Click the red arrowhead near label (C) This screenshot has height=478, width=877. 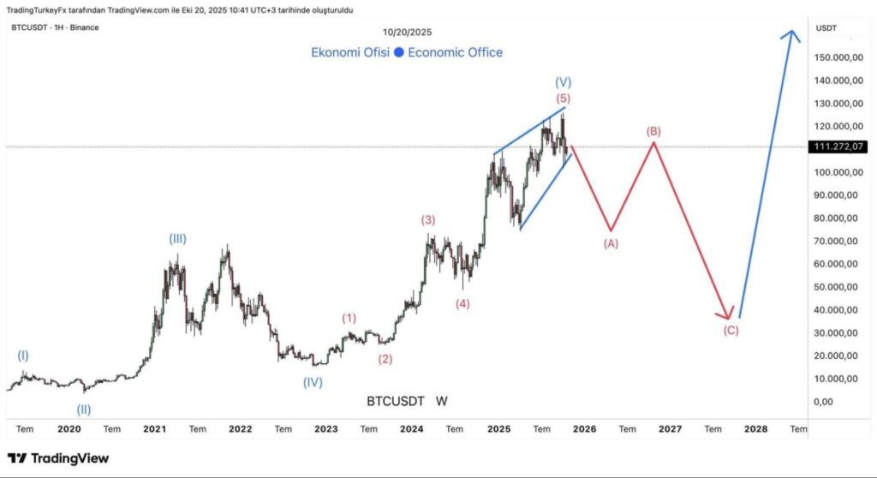[x=728, y=314]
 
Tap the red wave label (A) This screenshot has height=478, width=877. [x=611, y=243]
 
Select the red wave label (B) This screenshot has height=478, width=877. [x=653, y=131]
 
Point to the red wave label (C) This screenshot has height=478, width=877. [x=731, y=331]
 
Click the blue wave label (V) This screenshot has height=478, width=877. [x=563, y=82]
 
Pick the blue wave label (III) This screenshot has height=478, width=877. [x=177, y=239]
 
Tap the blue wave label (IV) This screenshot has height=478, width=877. [x=313, y=382]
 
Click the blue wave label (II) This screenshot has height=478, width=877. [x=84, y=409]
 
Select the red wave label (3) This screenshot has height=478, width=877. [x=428, y=220]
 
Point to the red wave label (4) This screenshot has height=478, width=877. [x=462, y=303]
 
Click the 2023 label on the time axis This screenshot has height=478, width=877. [x=325, y=428]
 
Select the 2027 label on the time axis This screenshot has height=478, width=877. [x=670, y=428]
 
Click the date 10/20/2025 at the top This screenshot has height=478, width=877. [x=407, y=32]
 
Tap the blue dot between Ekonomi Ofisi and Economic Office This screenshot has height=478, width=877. [x=398, y=53]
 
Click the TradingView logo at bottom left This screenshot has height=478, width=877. [x=58, y=458]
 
